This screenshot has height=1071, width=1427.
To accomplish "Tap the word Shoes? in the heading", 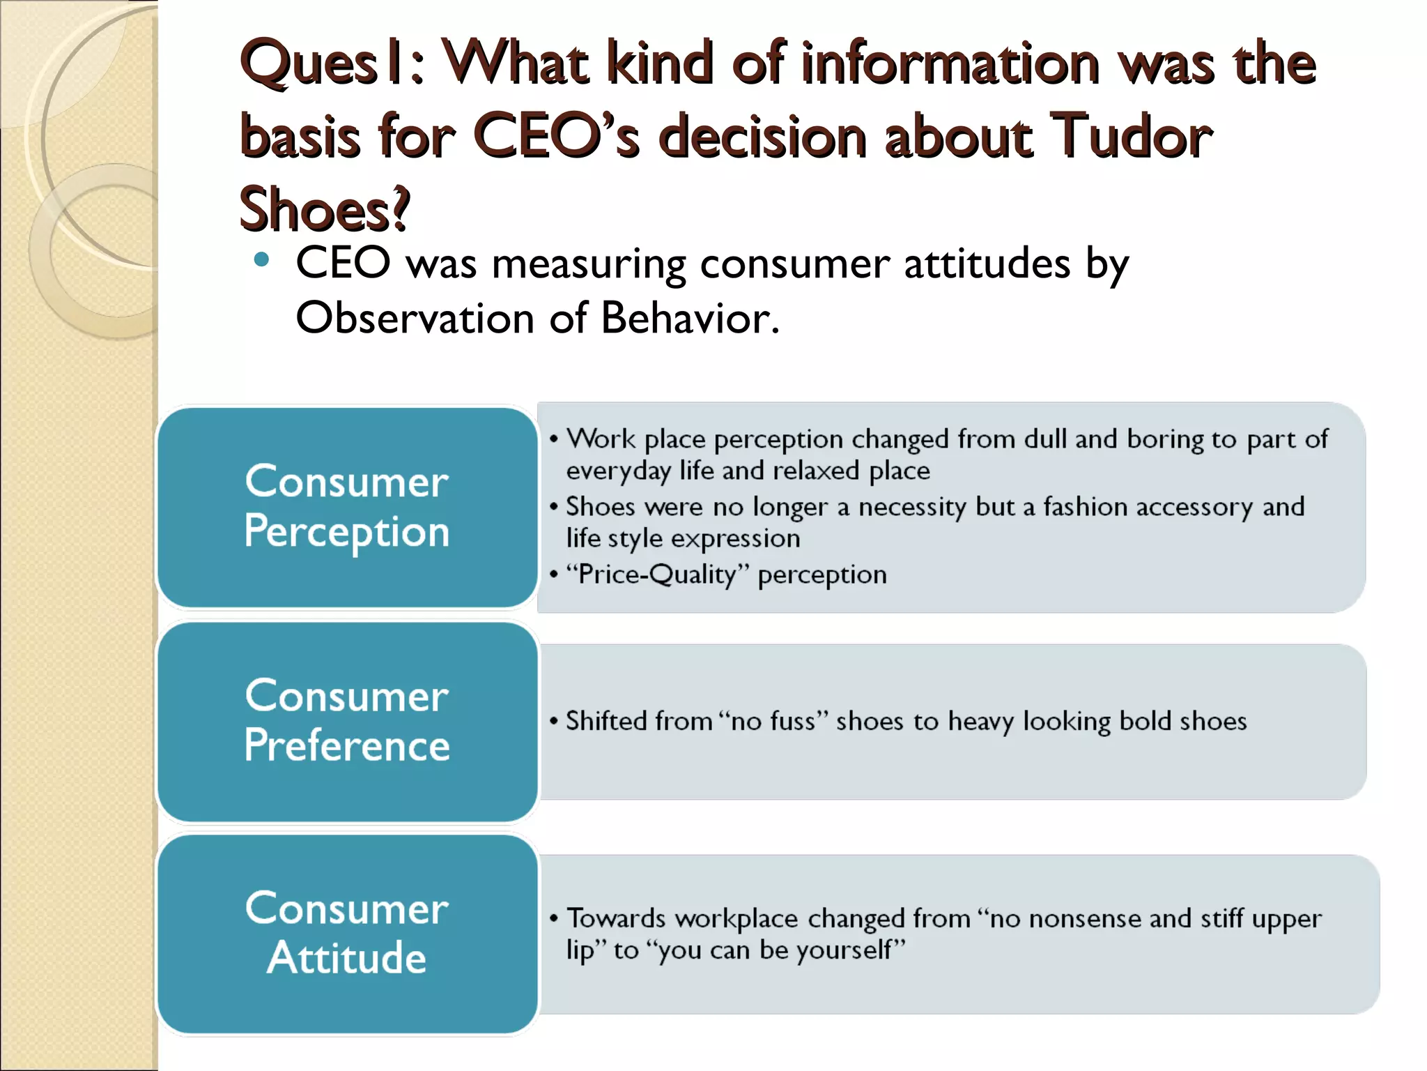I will pos(325,208).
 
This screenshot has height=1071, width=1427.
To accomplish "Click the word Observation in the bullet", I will pos(415,318).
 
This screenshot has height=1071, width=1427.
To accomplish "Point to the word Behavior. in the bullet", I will pos(690,318).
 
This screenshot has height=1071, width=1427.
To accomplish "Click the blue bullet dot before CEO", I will pos(262,261).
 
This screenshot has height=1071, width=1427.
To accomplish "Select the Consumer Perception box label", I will pos(347,506).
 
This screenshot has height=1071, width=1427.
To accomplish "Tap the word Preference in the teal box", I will pos(347,745).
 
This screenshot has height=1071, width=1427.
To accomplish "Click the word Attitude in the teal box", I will pos(347,957).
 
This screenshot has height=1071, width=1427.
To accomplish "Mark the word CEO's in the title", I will pos(555,136).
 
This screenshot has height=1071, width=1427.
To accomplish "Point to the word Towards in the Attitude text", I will pos(617,919).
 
